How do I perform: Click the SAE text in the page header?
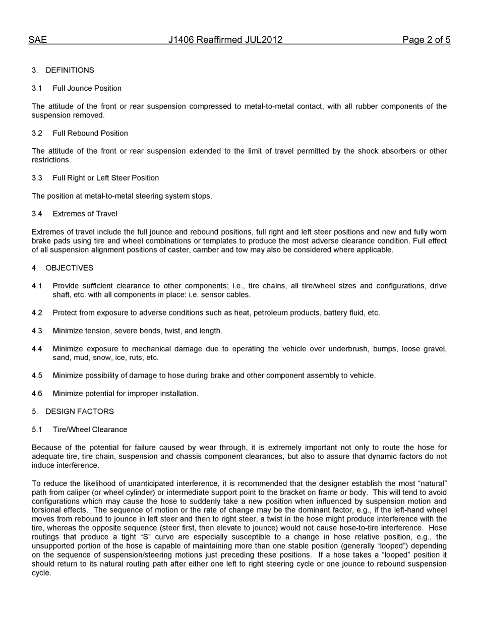pyautogui.click(x=37, y=40)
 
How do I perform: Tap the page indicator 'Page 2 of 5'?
pyautogui.click(x=426, y=40)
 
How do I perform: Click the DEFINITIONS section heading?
pyautogui.click(x=70, y=70)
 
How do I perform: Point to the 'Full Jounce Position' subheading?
pyautogui.click(x=87, y=88)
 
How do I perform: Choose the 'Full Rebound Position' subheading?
pyautogui.click(x=90, y=133)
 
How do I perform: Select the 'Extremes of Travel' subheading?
pyautogui.click(x=85, y=214)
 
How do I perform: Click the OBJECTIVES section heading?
pyautogui.click(x=69, y=268)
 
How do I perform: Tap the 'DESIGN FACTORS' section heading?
pyautogui.click(x=79, y=411)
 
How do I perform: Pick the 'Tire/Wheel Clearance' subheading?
pyautogui.click(x=90, y=429)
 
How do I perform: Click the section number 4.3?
pyautogui.click(x=37, y=331)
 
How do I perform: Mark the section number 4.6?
pyautogui.click(x=37, y=393)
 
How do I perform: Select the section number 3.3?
pyautogui.click(x=37, y=178)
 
